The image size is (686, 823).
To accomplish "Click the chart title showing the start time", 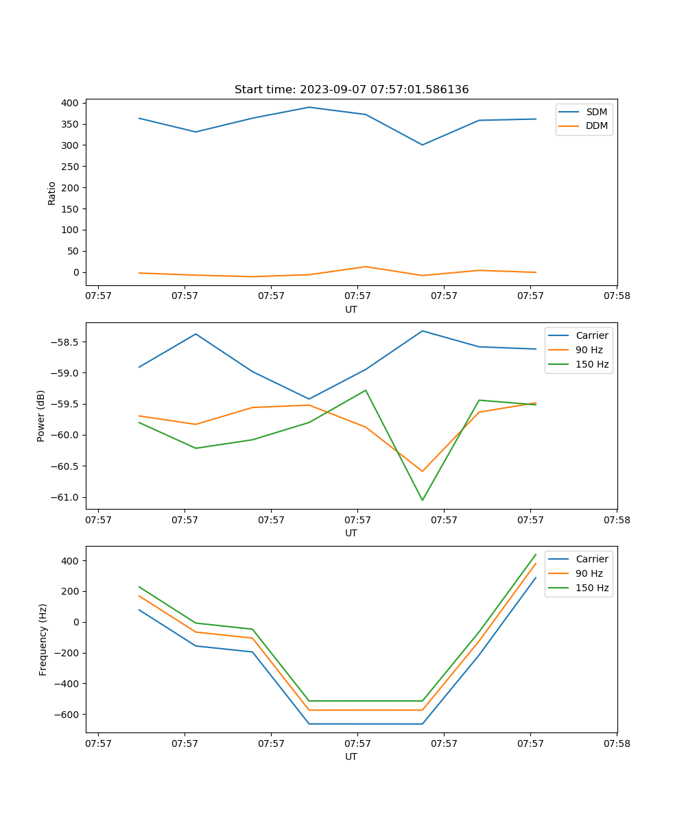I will (x=351, y=90).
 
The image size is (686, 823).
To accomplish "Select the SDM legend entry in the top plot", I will (x=596, y=112).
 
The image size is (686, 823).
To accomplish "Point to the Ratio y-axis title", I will (x=52, y=193).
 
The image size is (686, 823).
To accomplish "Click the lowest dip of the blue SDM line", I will (x=422, y=145).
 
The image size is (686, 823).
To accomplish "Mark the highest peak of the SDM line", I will (x=309, y=107).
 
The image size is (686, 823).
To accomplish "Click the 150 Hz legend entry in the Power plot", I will (x=592, y=364).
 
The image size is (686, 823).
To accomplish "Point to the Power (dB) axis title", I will (x=41, y=416).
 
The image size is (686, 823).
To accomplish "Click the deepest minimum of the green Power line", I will (x=422, y=500).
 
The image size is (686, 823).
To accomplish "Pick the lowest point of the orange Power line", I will (x=422, y=471).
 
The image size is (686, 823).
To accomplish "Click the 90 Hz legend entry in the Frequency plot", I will (x=589, y=573).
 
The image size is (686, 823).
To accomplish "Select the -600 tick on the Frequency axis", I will (x=67, y=715).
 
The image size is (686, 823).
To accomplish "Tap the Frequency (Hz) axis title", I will (x=43, y=639).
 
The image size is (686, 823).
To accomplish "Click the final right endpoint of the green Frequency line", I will (x=536, y=554).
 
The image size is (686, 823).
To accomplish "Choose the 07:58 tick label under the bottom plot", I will (x=616, y=743).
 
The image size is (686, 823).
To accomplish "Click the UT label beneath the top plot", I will (x=351, y=309).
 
